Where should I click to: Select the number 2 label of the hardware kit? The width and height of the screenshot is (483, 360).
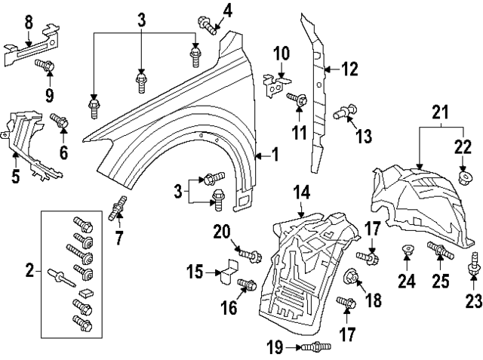(29, 270)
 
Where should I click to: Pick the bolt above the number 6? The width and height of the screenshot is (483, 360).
(60, 118)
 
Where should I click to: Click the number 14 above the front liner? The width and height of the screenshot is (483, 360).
(301, 192)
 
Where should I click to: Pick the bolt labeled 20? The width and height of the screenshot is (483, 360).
(250, 252)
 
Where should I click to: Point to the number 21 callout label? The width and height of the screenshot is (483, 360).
(441, 114)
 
